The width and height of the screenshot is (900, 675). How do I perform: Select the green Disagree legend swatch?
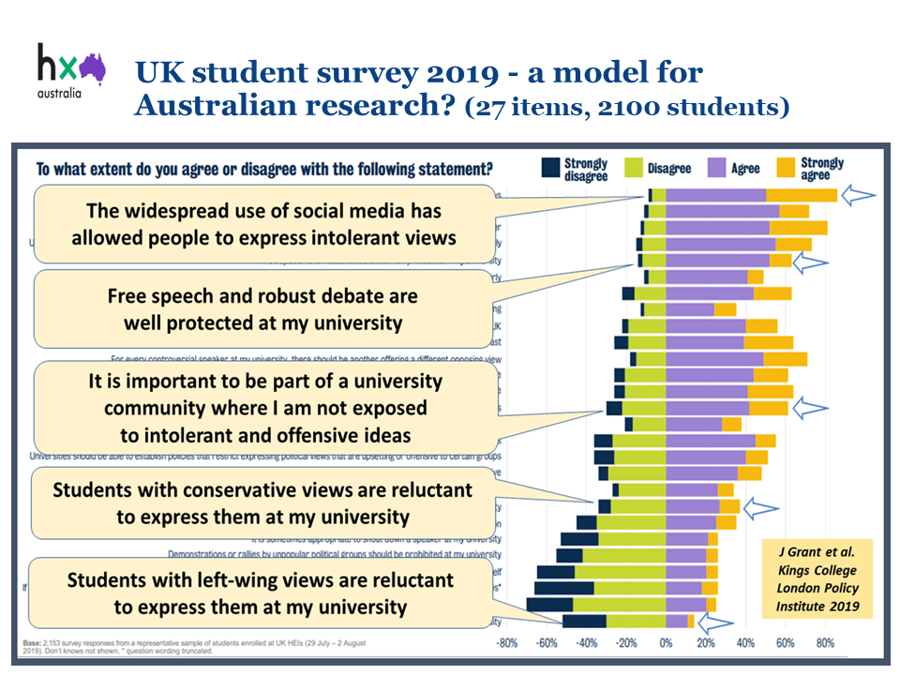click(632, 169)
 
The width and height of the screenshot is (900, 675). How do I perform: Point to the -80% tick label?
click(507, 643)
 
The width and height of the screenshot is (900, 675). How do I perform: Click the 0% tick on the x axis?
click(666, 643)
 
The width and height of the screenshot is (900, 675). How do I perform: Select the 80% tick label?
click(824, 643)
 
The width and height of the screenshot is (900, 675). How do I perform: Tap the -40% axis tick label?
click(586, 643)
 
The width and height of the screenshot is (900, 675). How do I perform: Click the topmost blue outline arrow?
click(857, 195)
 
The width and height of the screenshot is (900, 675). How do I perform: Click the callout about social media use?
click(264, 223)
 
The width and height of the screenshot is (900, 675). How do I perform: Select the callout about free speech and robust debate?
click(263, 309)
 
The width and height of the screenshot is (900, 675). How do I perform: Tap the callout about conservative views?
click(263, 502)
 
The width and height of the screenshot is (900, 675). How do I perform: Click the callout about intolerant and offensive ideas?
click(264, 408)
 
